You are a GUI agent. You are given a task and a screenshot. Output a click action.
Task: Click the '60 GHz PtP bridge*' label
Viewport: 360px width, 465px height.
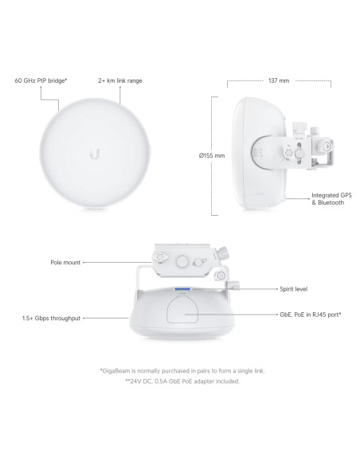(41, 80)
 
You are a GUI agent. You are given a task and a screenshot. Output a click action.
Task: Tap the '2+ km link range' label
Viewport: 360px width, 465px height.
(120, 80)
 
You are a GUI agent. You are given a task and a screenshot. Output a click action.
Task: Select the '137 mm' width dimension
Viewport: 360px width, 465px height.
(279, 80)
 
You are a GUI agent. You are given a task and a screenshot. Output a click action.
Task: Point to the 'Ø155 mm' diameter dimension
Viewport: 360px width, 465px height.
(212, 155)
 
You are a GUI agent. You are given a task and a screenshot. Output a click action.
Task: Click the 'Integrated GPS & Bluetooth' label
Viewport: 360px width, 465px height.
(331, 199)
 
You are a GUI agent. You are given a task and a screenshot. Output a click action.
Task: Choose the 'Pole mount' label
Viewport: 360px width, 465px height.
(65, 263)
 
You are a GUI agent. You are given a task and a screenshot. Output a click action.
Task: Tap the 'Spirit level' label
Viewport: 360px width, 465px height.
(294, 289)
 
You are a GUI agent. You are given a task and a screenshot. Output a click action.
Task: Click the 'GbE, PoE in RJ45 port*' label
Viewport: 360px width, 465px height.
(311, 315)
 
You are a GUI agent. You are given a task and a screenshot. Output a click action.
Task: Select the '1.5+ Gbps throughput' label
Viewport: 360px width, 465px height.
(51, 318)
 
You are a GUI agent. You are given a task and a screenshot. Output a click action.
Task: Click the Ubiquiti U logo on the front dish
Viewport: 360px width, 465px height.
(95, 154)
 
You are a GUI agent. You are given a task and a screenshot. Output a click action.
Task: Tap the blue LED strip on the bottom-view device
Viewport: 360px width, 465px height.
(182, 289)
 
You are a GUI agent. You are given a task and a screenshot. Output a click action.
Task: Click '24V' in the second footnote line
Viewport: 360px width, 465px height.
(135, 381)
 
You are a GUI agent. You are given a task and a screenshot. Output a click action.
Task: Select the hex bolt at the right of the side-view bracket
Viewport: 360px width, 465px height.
(327, 147)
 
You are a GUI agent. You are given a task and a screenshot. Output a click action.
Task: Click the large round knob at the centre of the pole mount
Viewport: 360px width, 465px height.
(182, 261)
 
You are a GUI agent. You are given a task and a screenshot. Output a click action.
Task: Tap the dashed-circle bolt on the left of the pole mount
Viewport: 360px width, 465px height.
(160, 257)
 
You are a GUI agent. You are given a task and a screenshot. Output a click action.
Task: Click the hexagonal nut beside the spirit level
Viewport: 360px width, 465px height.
(221, 275)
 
